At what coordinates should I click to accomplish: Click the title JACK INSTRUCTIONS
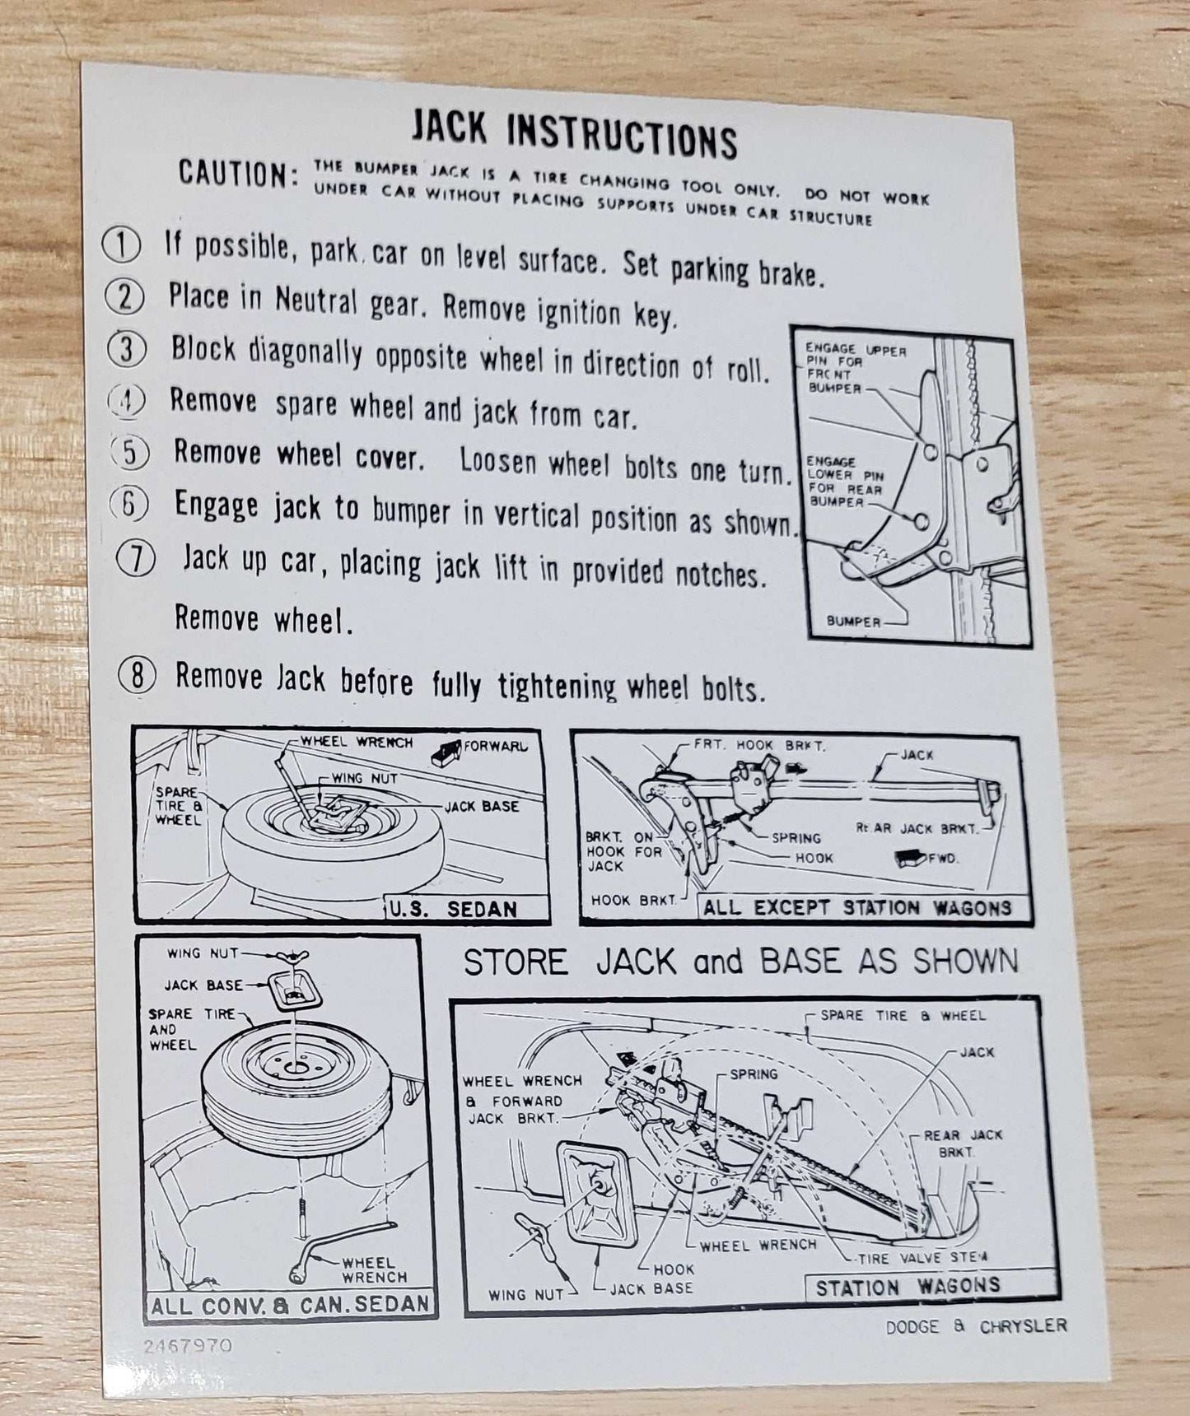click(574, 134)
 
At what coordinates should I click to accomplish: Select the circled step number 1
click(121, 246)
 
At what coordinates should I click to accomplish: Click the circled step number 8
click(138, 676)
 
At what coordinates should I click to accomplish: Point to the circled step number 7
click(136, 560)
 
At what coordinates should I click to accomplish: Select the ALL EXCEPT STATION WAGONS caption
click(856, 908)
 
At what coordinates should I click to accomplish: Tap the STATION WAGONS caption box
click(908, 1287)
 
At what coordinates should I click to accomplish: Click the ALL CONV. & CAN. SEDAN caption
click(290, 1305)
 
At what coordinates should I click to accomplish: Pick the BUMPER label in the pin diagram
click(853, 622)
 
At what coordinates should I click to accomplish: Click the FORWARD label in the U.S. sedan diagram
click(496, 747)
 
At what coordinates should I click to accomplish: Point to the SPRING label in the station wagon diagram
click(753, 1074)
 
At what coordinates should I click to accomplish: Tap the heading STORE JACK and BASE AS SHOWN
click(740, 961)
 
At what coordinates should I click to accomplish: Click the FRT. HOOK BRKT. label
click(758, 745)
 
